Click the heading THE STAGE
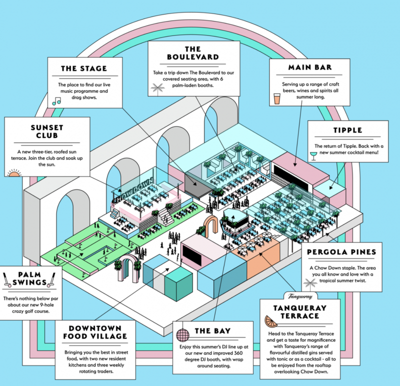click(x=84, y=68)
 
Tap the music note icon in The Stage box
click(x=56, y=101)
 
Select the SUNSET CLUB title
click(x=47, y=131)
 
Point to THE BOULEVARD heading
click(x=193, y=53)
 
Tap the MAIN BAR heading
click(x=310, y=67)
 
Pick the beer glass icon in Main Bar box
click(x=277, y=98)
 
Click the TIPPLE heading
click(x=347, y=130)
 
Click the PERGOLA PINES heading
click(x=341, y=252)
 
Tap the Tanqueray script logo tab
click(x=300, y=296)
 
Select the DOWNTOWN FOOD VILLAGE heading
click(x=95, y=332)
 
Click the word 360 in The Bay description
click(x=237, y=353)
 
